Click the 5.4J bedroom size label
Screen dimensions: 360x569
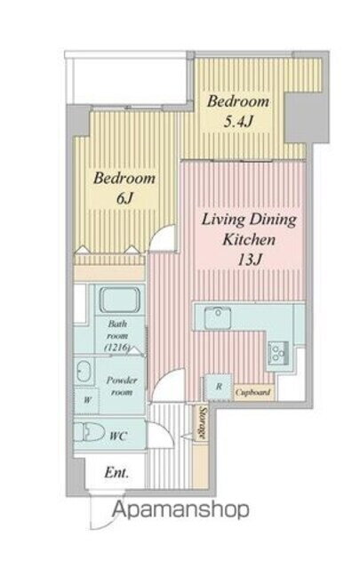pyautogui.click(x=237, y=122)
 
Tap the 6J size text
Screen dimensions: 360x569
pyautogui.click(x=124, y=197)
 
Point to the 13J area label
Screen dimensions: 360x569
pyautogui.click(x=249, y=260)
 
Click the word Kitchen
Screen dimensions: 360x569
pyautogui.click(x=249, y=240)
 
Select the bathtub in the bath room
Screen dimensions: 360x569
pyautogui.click(x=120, y=300)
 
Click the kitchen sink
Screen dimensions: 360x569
pyautogui.click(x=218, y=317)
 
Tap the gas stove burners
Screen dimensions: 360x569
pyautogui.click(x=278, y=352)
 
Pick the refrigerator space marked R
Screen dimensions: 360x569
pyautogui.click(x=219, y=387)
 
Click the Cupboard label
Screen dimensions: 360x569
pyautogui.click(x=252, y=393)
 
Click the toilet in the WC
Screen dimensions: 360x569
pyautogui.click(x=89, y=433)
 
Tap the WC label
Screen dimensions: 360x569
pyautogui.click(x=118, y=436)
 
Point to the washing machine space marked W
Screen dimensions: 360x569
pyautogui.click(x=86, y=401)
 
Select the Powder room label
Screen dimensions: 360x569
pyautogui.click(x=122, y=386)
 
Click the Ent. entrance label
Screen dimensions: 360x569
pyautogui.click(x=116, y=473)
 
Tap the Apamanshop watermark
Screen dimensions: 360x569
pyautogui.click(x=180, y=510)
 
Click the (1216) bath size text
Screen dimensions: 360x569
pyautogui.click(x=116, y=348)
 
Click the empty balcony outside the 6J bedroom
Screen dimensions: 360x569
pyautogui.click(x=130, y=81)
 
